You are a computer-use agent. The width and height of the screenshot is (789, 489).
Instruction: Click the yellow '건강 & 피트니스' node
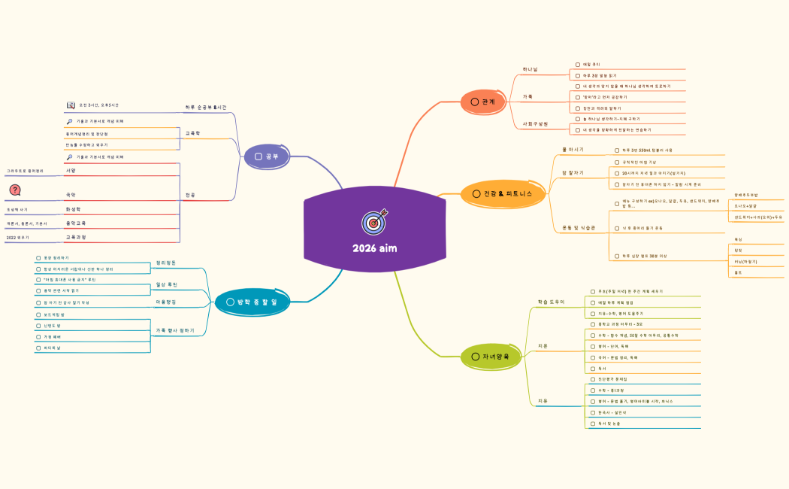pos(502,194)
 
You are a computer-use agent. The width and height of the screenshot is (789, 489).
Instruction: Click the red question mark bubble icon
pos(15,190)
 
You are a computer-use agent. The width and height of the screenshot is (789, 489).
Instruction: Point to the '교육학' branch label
pos(193,133)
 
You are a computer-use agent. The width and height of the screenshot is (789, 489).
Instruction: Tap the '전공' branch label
pos(191,195)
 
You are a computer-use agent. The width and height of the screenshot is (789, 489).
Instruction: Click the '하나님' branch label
pos(530,69)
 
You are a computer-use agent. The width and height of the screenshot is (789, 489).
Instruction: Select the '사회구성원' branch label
pos(535,123)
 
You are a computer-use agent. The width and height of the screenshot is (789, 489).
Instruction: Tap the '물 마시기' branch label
pos(573,150)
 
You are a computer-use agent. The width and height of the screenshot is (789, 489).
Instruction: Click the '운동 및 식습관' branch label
pos(579,227)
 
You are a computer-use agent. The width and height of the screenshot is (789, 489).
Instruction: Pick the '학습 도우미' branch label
pos(551,302)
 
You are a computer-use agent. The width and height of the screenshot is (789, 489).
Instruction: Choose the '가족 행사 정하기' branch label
pos(174,330)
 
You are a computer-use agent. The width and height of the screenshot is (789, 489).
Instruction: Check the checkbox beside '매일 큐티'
pos(578,65)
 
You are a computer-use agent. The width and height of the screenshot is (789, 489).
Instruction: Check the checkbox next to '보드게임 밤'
pos(38,314)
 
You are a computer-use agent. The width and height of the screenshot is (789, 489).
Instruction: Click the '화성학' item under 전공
pos(73,209)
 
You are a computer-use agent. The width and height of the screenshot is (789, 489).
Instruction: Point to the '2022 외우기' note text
pos(17,237)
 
